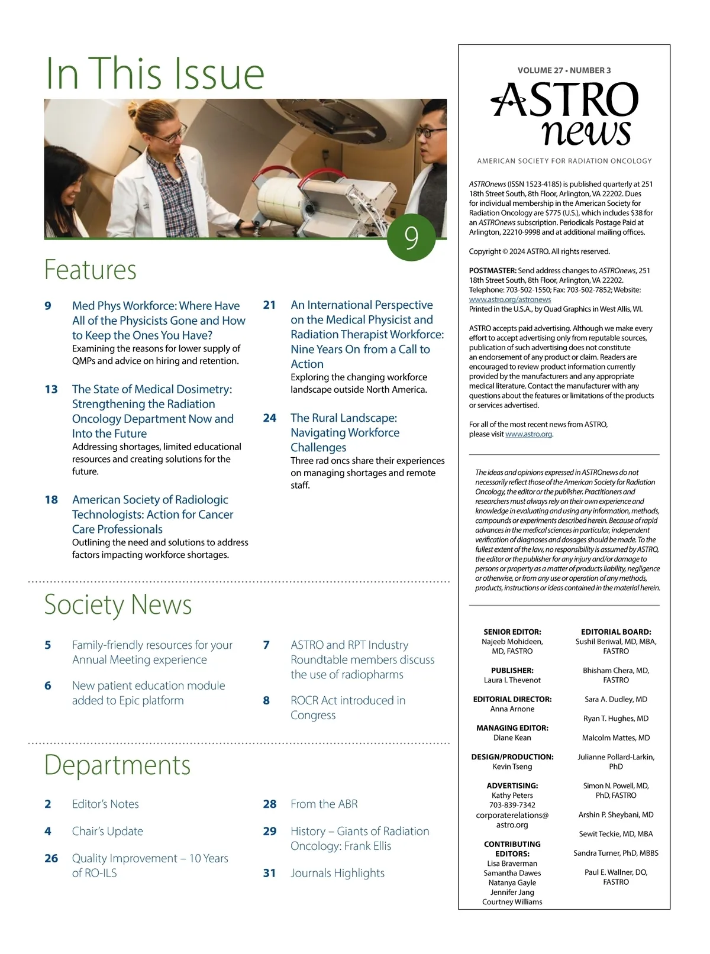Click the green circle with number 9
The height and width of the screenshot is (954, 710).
point(411,237)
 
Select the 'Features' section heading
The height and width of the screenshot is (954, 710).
point(91,270)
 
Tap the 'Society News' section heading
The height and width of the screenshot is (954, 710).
point(118,604)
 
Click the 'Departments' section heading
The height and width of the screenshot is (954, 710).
point(117,765)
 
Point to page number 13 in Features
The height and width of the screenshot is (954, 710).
point(51,389)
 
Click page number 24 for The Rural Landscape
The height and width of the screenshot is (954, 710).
point(270,418)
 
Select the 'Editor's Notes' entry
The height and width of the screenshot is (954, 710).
point(105,804)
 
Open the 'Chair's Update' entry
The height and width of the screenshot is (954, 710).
point(107,831)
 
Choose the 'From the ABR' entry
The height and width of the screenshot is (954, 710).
point(324,804)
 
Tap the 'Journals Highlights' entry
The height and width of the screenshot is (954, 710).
point(337,873)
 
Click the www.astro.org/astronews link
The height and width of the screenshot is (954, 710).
point(509,300)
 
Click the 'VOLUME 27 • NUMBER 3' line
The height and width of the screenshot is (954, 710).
point(564,70)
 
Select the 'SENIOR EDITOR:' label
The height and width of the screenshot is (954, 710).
point(512,632)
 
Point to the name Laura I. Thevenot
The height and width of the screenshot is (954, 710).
point(512,680)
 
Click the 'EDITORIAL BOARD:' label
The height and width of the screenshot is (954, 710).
point(616,632)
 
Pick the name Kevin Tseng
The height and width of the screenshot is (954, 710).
point(512,767)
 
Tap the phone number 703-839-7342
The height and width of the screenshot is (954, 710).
point(512,805)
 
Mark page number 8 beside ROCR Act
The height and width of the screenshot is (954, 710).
point(266,700)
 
